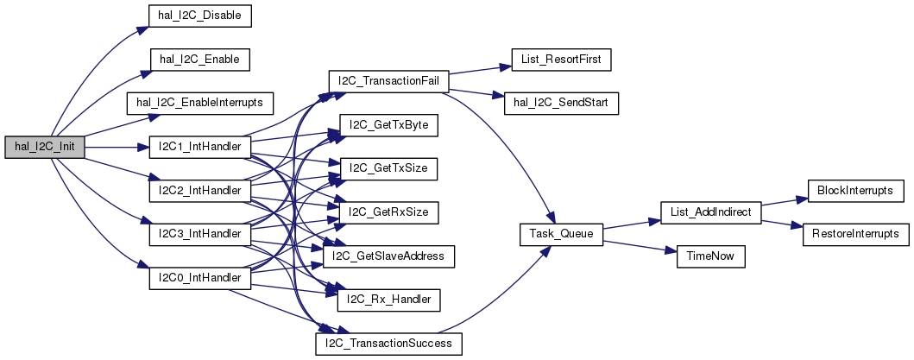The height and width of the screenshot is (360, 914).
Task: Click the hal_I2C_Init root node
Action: tap(44, 148)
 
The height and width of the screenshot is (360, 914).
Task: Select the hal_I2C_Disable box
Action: tap(199, 16)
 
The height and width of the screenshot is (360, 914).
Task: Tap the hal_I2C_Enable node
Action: tap(199, 60)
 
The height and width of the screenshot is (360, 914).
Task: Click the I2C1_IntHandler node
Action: tap(199, 148)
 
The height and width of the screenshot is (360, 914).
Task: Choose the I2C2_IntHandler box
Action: tap(199, 191)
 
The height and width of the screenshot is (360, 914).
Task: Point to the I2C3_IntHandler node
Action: tap(199, 235)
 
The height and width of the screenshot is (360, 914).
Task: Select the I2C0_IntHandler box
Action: tap(199, 279)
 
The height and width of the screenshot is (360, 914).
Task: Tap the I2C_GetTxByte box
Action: tap(389, 125)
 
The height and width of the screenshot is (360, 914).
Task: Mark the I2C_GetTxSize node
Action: tap(389, 168)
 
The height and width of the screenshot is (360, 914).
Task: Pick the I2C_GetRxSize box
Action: tap(389, 212)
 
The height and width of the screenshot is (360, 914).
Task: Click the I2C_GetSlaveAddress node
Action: tap(388, 256)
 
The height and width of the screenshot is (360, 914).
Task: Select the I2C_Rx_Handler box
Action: tap(389, 300)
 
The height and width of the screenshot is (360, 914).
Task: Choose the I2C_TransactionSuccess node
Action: tap(388, 344)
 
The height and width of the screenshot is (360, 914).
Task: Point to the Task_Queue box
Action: tap(561, 235)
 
